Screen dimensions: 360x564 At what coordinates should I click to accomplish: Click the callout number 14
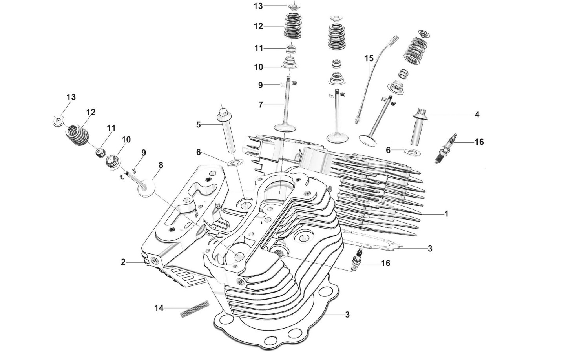coord(159,308)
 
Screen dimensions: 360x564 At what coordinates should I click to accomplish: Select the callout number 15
coord(369,58)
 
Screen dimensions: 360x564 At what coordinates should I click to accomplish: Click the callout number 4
coord(477,115)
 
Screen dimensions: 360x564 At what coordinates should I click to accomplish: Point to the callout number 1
coord(446,214)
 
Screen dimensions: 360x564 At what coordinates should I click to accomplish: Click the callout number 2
coord(123,262)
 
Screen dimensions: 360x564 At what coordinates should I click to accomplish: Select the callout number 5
coord(199,125)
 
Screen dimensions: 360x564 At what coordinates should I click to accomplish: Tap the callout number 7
coord(260,105)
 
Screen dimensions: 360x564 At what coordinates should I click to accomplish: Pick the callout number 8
coord(161,165)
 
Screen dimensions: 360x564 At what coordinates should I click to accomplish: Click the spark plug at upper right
coord(447,148)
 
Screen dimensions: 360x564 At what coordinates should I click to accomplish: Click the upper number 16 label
coord(479,142)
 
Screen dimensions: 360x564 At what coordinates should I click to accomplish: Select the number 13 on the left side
coord(71,97)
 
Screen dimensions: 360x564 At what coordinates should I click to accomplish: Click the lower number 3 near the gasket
coord(347,314)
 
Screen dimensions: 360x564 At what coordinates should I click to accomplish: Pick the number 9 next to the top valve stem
coord(260,85)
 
